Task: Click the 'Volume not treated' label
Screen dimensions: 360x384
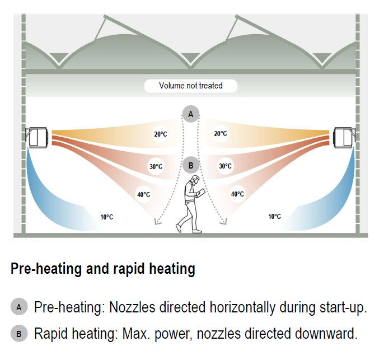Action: click(x=191, y=86)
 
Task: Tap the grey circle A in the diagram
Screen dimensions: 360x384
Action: click(x=191, y=114)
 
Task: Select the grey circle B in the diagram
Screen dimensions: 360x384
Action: click(x=191, y=165)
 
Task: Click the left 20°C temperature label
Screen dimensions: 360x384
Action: click(x=161, y=134)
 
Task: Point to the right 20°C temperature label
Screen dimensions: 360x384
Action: click(x=220, y=134)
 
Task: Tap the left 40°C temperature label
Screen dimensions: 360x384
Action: click(x=143, y=194)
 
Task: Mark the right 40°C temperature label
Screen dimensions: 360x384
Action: click(x=237, y=194)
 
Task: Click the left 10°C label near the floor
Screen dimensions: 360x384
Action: click(x=106, y=217)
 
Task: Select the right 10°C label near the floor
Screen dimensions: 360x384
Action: click(x=274, y=217)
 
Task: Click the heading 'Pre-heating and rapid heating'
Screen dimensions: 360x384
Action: click(x=103, y=269)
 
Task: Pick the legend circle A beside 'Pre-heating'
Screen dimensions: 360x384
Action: click(x=18, y=307)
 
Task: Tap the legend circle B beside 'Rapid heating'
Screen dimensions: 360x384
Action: click(x=18, y=335)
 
